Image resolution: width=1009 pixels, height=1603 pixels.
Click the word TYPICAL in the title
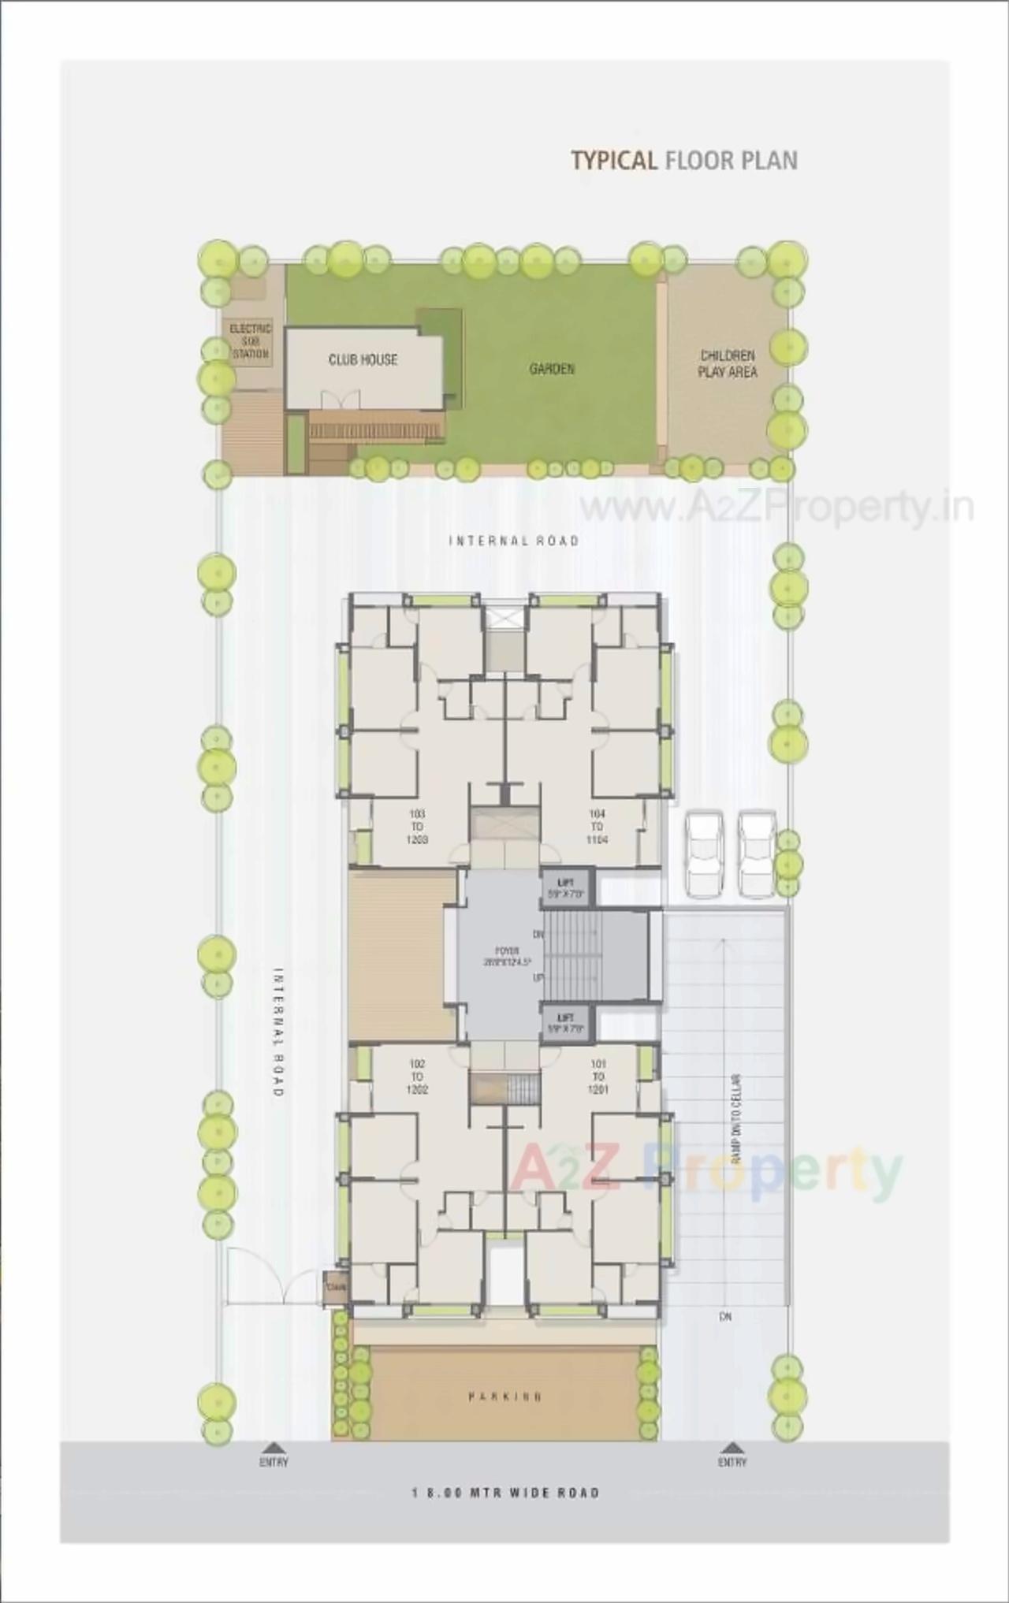pos(613,161)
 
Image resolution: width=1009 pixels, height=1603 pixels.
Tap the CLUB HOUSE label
pos(363,360)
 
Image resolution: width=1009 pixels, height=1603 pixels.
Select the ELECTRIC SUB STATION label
pos(250,341)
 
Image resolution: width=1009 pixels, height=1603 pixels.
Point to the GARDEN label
pos(552,368)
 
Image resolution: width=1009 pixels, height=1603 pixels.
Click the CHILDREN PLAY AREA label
pos(728,363)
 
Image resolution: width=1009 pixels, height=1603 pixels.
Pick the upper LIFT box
pos(565,887)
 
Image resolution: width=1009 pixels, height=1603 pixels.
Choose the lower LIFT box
pos(565,1022)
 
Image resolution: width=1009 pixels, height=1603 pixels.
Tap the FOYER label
pos(502,956)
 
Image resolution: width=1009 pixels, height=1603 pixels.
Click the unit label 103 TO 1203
pos(417,826)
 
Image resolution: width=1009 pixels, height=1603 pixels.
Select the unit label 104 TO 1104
pos(597,826)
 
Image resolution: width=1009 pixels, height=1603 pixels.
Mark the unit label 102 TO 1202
pos(417,1077)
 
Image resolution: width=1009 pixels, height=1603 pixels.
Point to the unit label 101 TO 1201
pos(598,1077)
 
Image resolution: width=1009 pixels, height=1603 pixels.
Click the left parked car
pos(703,854)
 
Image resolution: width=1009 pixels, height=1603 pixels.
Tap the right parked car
pos(756,854)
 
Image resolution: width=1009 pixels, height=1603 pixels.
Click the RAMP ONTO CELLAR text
pos(736,1118)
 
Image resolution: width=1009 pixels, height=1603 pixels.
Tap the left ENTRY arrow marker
pos(274,1447)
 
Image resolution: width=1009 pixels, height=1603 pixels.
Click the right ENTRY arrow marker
pos(732,1447)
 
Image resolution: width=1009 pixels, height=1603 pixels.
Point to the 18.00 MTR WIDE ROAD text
pos(505,1493)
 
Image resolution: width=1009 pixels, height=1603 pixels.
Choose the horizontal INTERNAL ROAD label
pos(514,541)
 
